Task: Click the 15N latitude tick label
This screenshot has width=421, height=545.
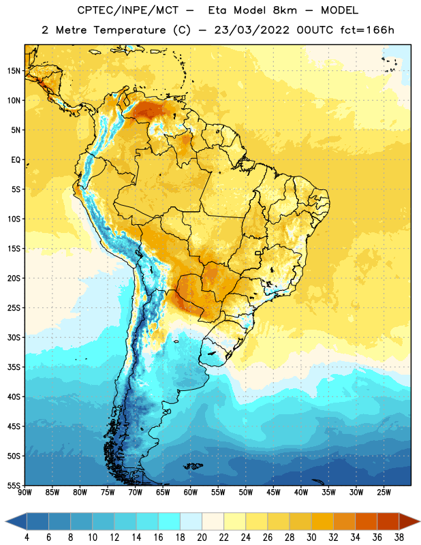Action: point(14,71)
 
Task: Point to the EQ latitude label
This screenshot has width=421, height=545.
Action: point(16,160)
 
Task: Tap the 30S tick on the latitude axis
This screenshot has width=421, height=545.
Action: point(14,337)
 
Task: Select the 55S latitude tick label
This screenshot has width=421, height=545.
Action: point(14,485)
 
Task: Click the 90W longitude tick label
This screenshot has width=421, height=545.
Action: point(25,492)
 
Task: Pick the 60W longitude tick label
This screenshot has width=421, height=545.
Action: point(191,492)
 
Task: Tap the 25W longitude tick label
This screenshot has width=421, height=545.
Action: point(384,492)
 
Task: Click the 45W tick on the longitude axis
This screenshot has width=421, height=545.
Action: point(273,492)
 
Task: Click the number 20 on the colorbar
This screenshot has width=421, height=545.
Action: point(202,538)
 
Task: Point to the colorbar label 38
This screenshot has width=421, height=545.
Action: point(399,538)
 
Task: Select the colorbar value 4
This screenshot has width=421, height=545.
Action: point(27,538)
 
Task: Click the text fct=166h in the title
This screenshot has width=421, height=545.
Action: point(367,30)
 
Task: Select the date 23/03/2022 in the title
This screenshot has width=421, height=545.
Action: point(251,30)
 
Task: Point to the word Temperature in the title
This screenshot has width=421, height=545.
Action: point(129,30)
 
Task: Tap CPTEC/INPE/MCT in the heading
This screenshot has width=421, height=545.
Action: point(127,10)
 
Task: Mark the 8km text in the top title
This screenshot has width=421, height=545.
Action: point(285,10)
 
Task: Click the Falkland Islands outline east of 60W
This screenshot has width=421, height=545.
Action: point(193,466)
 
